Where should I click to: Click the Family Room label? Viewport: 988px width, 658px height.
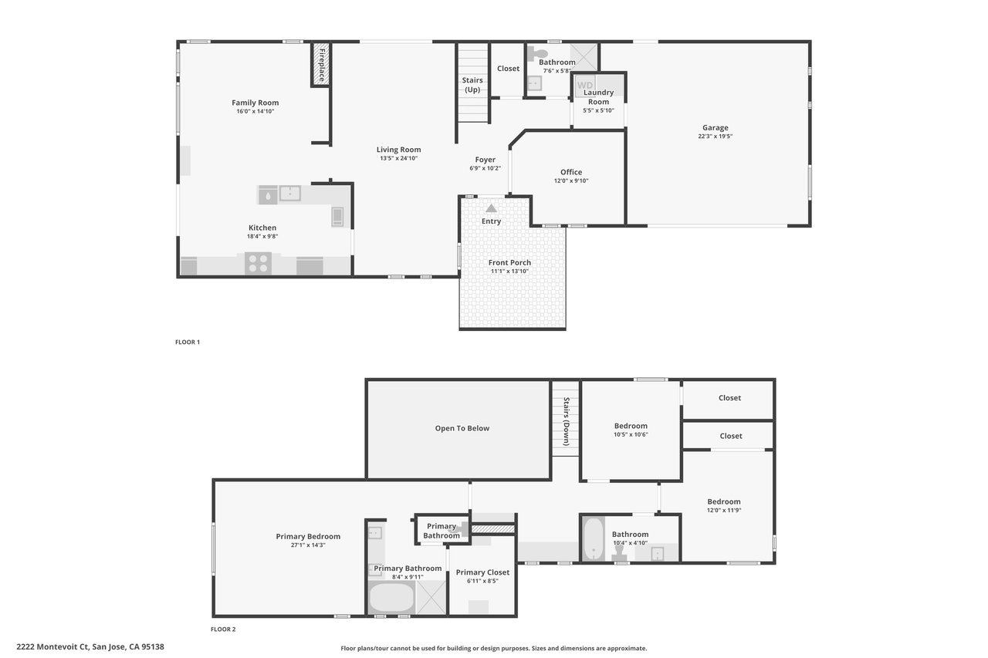coord(255,103)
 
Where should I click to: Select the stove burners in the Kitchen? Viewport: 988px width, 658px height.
coord(258,263)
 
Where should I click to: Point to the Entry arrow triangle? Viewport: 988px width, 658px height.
coord(491,208)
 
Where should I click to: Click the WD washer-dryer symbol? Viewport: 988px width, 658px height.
coord(585,86)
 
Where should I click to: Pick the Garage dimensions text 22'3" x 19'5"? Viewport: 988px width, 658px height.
coord(715,137)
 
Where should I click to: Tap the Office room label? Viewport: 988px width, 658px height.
coord(571,172)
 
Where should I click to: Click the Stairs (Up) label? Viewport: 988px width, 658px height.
coord(472,85)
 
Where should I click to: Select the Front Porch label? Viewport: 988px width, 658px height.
coord(509,263)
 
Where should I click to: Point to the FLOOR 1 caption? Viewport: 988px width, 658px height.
coord(188,342)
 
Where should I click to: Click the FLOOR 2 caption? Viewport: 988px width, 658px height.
coord(223,629)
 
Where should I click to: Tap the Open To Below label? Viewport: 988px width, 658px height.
coord(462,428)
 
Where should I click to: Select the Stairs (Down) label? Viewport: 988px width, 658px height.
coord(567,421)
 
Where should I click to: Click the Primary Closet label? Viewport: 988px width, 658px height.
coord(482,572)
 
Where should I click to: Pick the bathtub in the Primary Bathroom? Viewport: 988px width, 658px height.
coord(391,597)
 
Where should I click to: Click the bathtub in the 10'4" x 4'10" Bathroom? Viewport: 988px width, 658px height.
coord(593,539)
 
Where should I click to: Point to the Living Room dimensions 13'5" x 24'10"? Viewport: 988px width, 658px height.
coord(398,159)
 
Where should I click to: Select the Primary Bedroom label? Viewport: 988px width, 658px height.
coord(308,537)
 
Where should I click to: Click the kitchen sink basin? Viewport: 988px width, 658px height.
coord(289,193)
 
